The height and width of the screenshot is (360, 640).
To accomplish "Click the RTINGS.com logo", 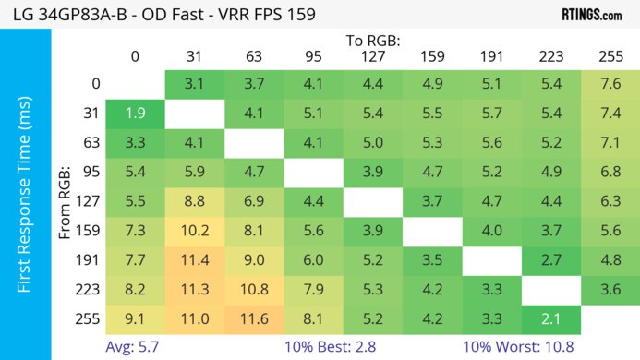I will click(591, 15).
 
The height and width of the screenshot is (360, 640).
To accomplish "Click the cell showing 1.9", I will click(135, 114).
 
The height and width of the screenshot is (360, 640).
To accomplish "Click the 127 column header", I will click(371, 57).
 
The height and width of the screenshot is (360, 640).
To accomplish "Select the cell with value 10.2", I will click(194, 230).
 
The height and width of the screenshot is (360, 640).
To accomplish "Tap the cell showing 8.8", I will click(194, 200).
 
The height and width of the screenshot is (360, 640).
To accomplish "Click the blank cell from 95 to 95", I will click(312, 172).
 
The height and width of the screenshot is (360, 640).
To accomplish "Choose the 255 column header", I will click(609, 57).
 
